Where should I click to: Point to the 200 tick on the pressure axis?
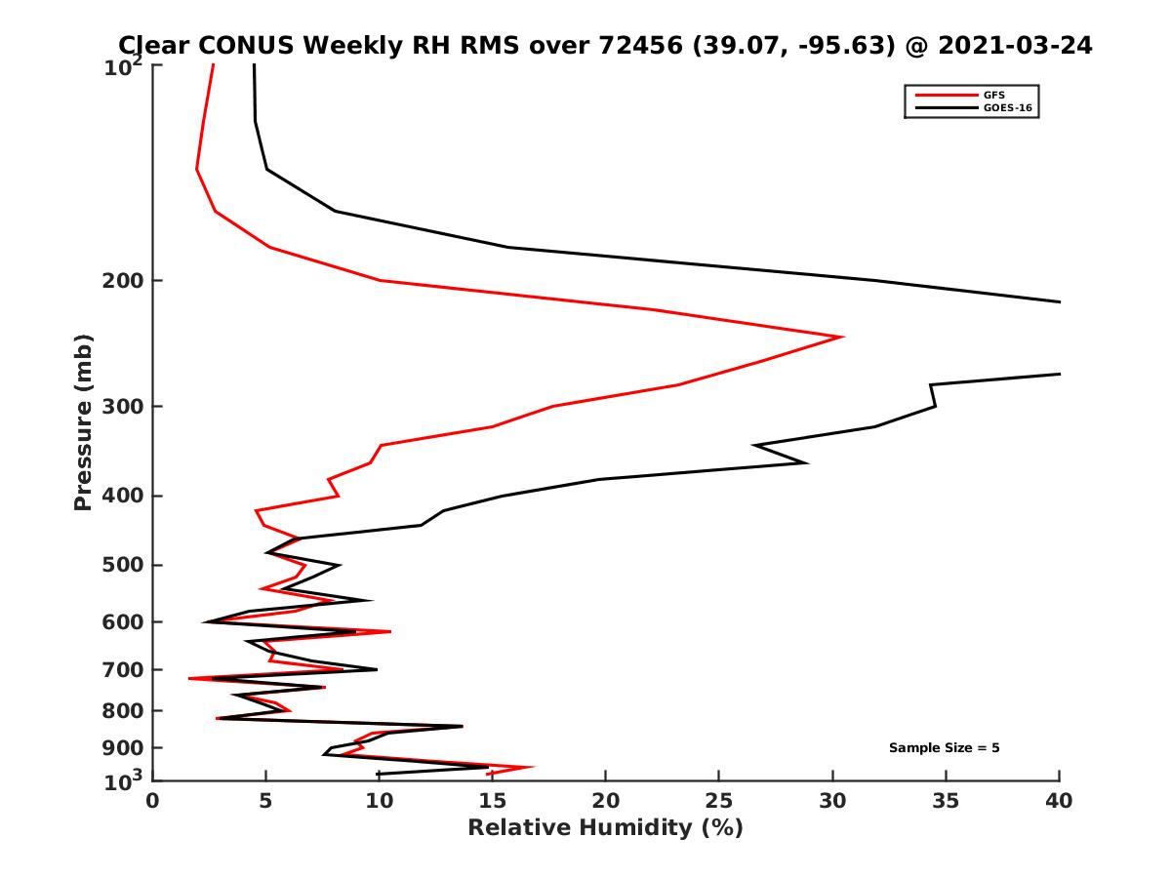pyautogui.click(x=123, y=281)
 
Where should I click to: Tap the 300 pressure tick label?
pyautogui.click(x=123, y=407)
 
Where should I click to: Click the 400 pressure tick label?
pyautogui.click(x=123, y=496)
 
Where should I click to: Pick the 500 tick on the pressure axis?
pyautogui.click(x=123, y=565)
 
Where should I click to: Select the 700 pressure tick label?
pyautogui.click(x=123, y=670)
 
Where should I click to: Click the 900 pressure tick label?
pyautogui.click(x=123, y=748)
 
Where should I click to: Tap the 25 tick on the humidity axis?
pyautogui.click(x=719, y=801)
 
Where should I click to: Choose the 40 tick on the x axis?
pyautogui.click(x=1059, y=801)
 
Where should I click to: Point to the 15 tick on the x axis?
pyautogui.click(x=493, y=801)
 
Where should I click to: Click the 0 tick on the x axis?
pyautogui.click(x=153, y=801)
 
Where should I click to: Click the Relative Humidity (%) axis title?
pyautogui.click(x=605, y=828)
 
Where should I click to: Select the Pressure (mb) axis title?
pyautogui.click(x=83, y=421)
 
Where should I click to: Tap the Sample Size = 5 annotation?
pyautogui.click(x=944, y=748)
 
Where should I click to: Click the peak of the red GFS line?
pyautogui.click(x=842, y=337)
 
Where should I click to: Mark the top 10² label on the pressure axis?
pyautogui.click(x=127, y=67)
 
